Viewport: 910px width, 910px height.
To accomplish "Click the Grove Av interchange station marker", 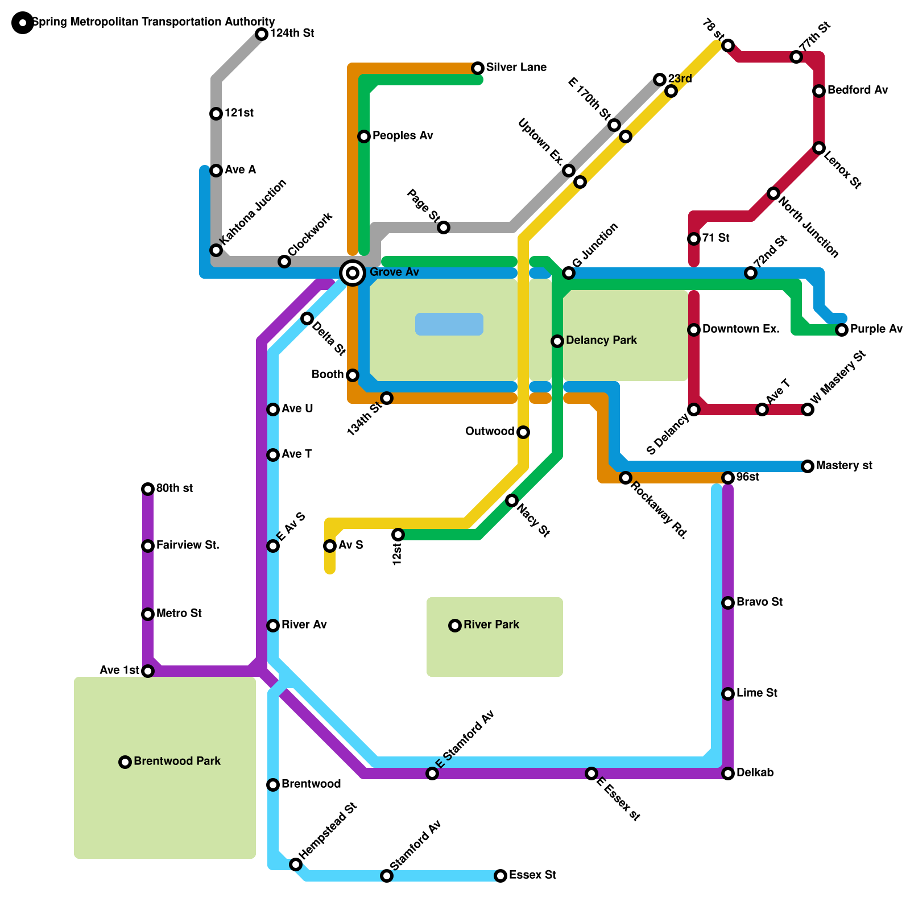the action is (x=353, y=273).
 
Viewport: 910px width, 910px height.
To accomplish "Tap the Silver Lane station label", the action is (x=516, y=68).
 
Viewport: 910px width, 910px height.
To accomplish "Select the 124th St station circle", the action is (x=262, y=34).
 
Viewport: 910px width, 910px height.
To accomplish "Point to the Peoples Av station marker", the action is (x=364, y=136).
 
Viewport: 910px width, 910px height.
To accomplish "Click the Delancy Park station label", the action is (x=601, y=341).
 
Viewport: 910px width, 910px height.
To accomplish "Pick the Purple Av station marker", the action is (x=842, y=330).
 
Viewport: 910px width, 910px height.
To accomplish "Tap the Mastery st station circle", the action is (x=808, y=466).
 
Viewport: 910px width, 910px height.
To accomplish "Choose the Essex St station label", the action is (x=532, y=875).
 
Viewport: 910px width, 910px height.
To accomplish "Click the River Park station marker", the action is (x=455, y=626).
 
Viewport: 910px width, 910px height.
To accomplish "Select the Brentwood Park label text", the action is (x=177, y=762).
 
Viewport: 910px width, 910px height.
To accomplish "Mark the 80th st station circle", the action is (x=148, y=489).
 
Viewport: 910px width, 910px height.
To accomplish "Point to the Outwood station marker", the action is (x=523, y=432).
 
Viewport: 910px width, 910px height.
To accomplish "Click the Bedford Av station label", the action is (x=857, y=90).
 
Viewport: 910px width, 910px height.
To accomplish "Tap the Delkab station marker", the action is (x=728, y=773).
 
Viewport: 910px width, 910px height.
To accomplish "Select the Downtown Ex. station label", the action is (x=741, y=329).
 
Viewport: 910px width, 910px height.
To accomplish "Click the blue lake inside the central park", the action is (x=449, y=324).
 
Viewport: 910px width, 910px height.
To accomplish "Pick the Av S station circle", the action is (x=330, y=546).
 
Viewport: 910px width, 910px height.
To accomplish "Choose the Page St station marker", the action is (x=444, y=227).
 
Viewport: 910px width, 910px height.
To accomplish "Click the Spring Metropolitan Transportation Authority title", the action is (x=154, y=22).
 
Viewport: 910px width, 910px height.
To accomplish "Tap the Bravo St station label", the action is (x=759, y=602).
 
